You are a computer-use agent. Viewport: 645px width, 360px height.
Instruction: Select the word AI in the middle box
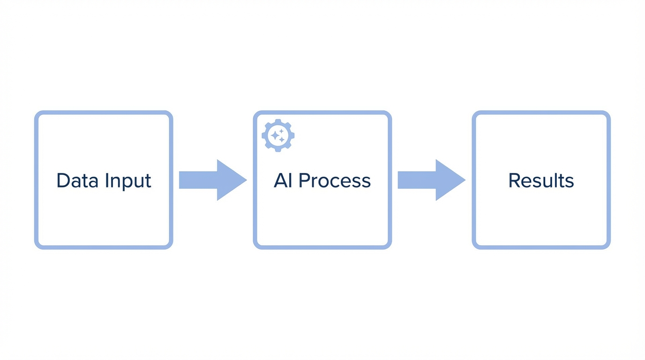click(283, 180)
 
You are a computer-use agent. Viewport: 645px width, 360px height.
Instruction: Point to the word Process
click(335, 180)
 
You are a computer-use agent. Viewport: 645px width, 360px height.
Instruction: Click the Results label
click(541, 180)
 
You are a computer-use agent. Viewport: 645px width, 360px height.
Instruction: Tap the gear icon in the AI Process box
click(278, 135)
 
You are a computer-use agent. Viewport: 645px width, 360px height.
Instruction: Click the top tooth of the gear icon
click(278, 121)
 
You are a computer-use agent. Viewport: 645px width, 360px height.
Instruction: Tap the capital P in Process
click(304, 180)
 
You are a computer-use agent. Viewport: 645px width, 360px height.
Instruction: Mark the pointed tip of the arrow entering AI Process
click(246, 180)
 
